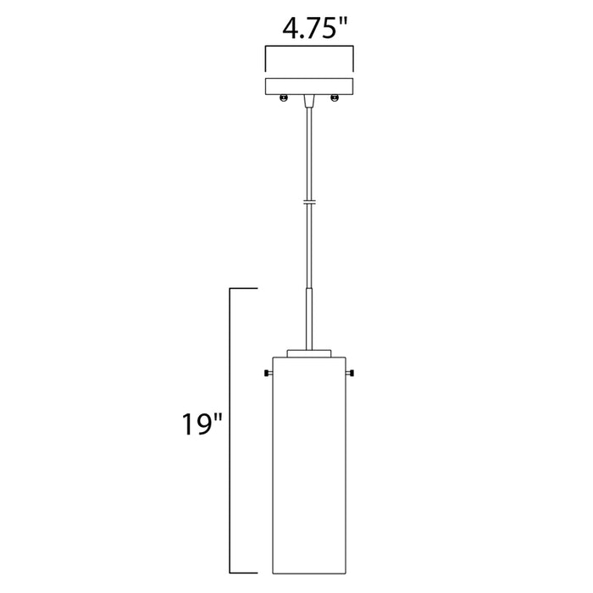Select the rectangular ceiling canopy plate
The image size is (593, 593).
(309, 86)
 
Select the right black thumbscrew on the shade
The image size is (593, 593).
(352, 374)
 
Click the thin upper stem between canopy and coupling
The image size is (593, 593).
(309, 152)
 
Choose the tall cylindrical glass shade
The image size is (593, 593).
(309, 457)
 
